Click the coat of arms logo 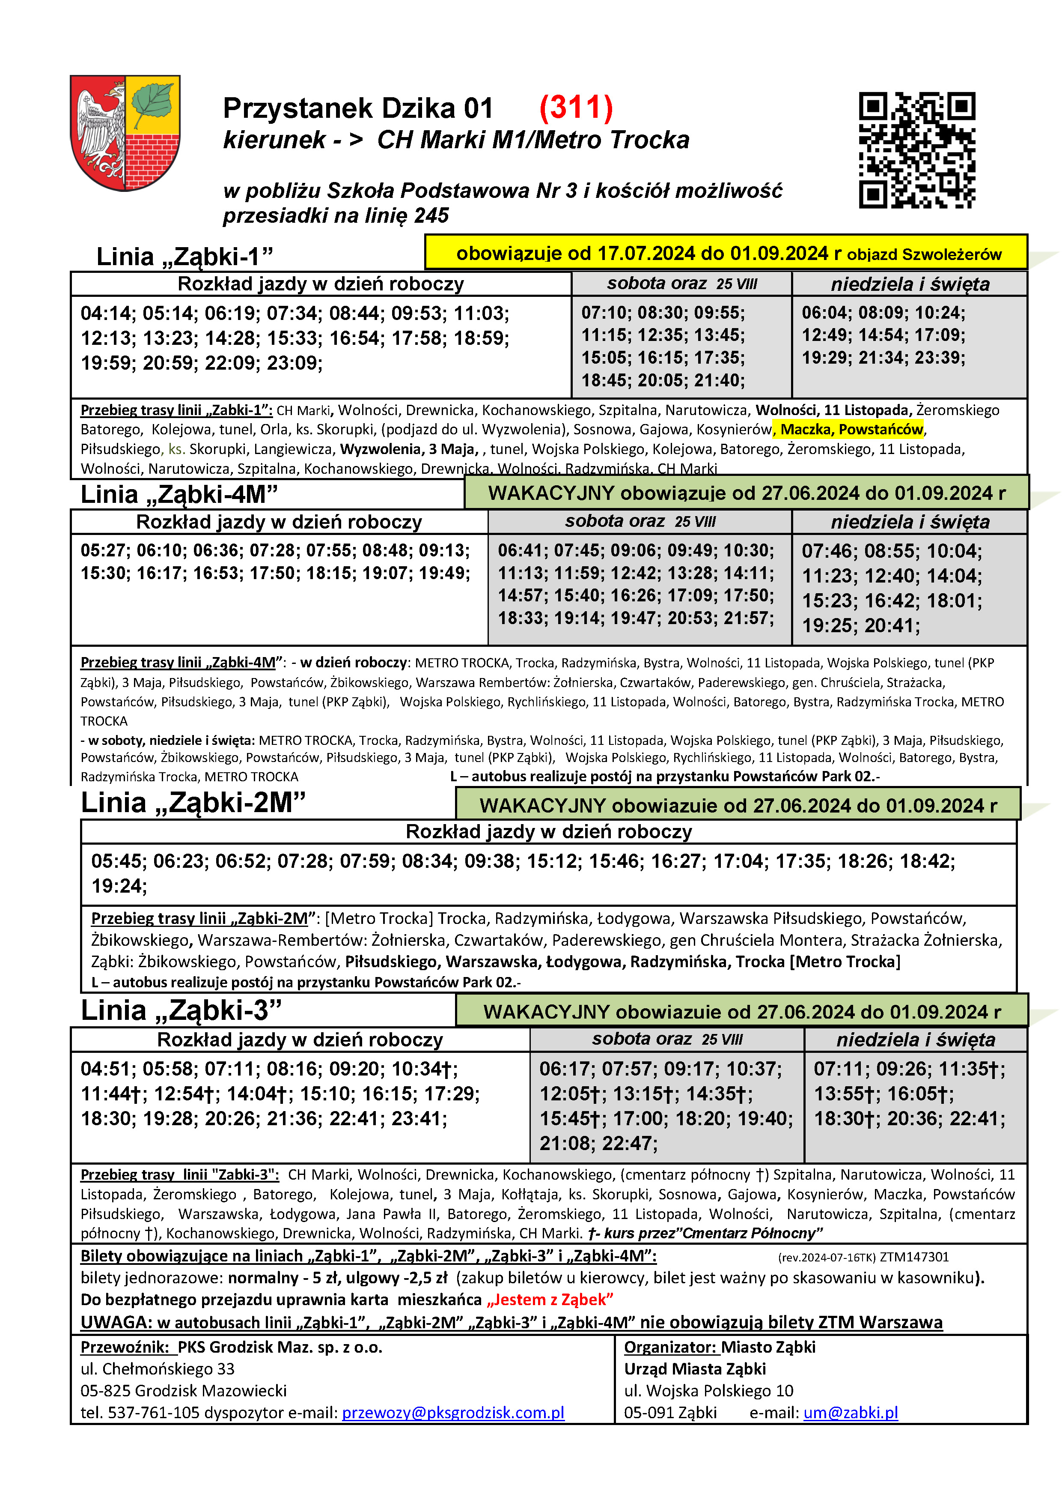click(125, 132)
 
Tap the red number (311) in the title click(576, 108)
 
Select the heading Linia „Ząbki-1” click(184, 257)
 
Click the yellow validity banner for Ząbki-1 click(726, 253)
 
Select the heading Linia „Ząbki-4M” click(179, 494)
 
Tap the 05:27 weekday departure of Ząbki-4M click(105, 550)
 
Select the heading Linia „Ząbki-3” click(181, 1010)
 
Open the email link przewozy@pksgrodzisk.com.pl click(453, 1413)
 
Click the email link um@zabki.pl click(850, 1413)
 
